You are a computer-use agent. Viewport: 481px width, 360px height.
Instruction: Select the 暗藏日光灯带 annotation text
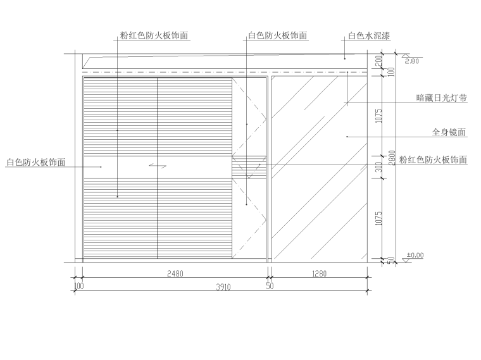442,98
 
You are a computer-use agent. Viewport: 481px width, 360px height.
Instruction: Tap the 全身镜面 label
449,133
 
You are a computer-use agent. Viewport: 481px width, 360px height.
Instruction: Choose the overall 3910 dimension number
222,287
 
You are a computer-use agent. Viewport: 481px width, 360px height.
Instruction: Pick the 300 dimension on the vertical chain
378,168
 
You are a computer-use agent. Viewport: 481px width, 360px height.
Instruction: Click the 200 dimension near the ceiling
378,61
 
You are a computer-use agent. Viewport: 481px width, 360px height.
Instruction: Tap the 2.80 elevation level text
411,61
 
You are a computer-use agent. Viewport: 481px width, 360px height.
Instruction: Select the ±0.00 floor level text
415,255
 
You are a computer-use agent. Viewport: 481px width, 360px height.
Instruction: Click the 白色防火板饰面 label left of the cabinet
36,163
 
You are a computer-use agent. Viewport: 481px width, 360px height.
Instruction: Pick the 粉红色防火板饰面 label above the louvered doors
154,36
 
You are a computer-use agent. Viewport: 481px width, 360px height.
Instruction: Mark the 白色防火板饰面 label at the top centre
278,36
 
